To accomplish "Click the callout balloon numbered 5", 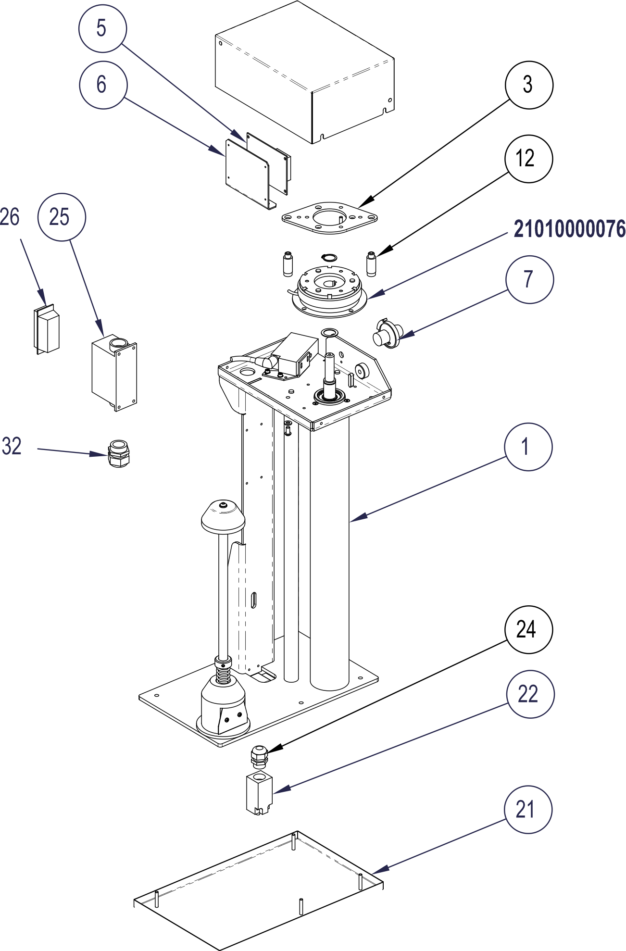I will tap(102, 28).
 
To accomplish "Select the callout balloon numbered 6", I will tap(103, 85).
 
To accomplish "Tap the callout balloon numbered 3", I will tap(529, 85).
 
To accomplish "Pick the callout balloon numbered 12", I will tap(528, 159).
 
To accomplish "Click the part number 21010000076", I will tap(569, 229).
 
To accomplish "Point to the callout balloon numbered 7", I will tap(529, 279).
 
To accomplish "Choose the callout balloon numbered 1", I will tap(528, 447).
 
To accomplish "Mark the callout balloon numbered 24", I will tap(528, 629).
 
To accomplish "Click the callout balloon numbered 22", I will tap(530, 694).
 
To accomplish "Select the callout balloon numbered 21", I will tap(528, 810).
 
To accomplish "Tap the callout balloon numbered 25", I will tap(62, 217).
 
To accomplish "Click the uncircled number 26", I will tap(10, 217).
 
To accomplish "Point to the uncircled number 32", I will tap(12, 446).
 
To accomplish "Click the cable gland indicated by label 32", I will tap(118, 453).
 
